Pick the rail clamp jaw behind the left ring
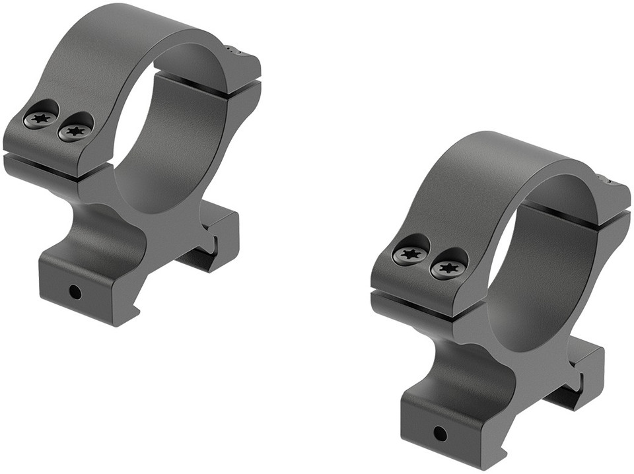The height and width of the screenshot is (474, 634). [215, 238]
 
